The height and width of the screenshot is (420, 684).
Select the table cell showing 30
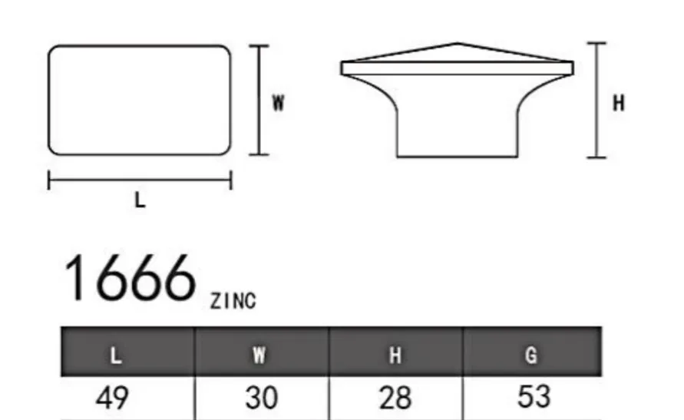pos(261,398)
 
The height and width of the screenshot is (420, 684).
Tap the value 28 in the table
pos(395,398)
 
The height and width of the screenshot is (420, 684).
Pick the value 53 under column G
pos(534,397)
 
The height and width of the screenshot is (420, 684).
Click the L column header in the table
pos(116,356)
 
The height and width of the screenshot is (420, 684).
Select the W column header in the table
pos(259,355)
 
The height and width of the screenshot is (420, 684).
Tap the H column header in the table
pos(395,355)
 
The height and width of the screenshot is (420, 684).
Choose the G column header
pos(531,355)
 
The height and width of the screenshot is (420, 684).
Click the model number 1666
pos(130,278)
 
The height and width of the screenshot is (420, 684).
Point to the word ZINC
pos(233,301)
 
